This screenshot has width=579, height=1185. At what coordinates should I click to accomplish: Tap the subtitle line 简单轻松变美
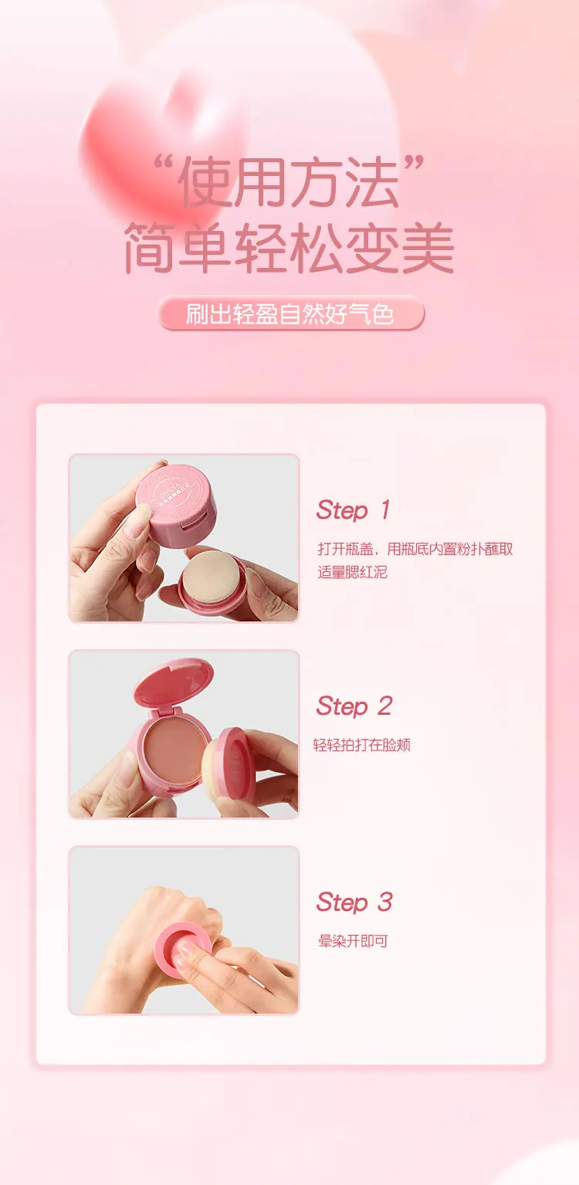289,248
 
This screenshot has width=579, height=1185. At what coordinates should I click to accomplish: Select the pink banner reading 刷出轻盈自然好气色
291,313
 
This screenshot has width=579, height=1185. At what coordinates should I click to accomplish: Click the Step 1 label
354,510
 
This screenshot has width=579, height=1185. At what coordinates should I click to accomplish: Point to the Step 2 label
354,706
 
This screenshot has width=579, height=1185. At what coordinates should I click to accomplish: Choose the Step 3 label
354,902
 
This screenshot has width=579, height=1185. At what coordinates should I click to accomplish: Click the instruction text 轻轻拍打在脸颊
362,745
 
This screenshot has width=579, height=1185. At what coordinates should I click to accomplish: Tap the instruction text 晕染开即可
353,941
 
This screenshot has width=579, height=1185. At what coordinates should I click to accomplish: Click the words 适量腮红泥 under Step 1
353,572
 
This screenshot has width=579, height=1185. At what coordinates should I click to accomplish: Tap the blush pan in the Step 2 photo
176,746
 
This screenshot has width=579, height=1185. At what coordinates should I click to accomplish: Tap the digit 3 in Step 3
385,902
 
